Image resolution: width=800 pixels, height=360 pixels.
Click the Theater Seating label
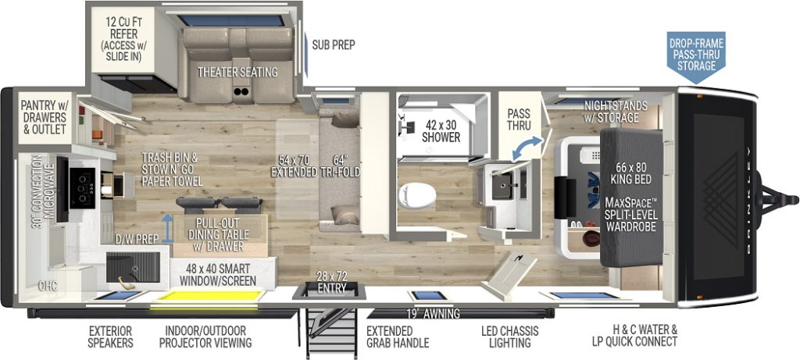237,72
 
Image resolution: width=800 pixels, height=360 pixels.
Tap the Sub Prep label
333,45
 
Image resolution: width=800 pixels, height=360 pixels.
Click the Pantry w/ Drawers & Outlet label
44,116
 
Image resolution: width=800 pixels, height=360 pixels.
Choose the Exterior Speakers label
110,337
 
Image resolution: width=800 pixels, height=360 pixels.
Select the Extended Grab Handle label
397,337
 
